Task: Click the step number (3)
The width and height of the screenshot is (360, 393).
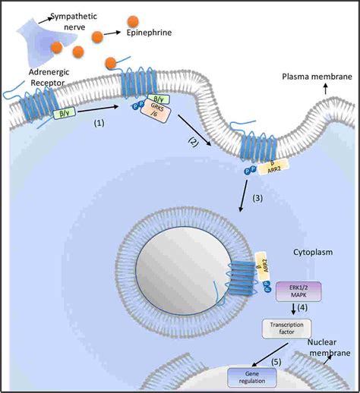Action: point(257,198)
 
